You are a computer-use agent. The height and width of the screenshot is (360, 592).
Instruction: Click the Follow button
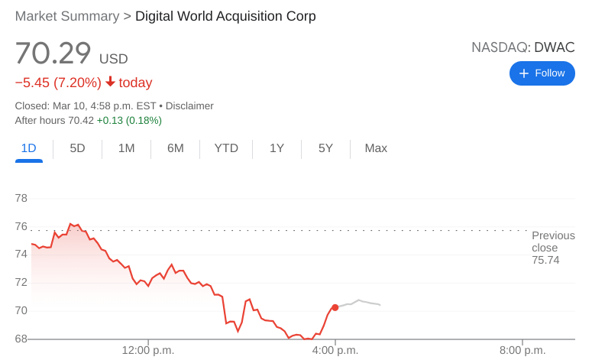pos(542,73)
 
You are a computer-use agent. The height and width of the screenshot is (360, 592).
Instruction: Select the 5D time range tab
pos(77,148)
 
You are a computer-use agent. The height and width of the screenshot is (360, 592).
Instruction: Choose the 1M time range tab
pos(126,148)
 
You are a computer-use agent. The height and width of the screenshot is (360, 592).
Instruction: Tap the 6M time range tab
pos(175,148)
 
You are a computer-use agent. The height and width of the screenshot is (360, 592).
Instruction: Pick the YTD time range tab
pos(226,148)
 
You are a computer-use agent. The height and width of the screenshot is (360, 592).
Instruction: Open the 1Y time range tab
pos(277,148)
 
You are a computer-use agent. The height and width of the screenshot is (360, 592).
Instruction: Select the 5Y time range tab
pos(325,148)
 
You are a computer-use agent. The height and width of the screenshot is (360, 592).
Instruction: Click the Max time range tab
pos(376,148)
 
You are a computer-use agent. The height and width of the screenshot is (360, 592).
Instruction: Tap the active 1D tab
pos(28,148)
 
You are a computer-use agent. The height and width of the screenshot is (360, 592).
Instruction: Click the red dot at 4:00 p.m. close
pos(335,307)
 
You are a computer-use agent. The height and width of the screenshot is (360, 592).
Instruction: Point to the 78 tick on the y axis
pos(21,198)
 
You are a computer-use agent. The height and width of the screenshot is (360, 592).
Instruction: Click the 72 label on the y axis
pos(21,282)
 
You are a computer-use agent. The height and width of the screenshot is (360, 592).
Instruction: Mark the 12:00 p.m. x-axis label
pos(148,350)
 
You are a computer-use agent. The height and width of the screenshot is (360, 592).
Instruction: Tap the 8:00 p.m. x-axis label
pos(522,350)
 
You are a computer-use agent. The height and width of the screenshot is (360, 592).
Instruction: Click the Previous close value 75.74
pos(545,261)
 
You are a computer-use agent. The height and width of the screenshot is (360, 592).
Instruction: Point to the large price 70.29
pos(53,54)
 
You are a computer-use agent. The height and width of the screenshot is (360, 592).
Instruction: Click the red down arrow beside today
pos(110,82)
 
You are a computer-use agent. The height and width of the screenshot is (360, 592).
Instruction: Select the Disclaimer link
pos(189,106)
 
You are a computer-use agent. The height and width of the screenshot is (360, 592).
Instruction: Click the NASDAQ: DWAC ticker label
pos(522,47)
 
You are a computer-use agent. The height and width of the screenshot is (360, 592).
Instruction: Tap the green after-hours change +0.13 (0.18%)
pos(129,120)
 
